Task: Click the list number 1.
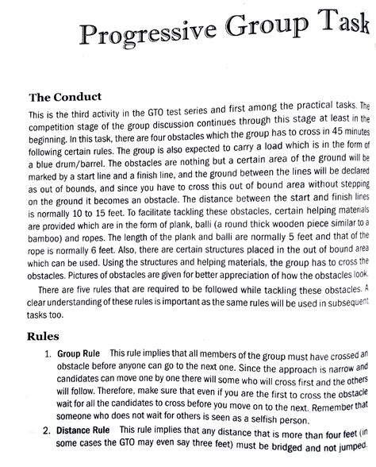(49, 354)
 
